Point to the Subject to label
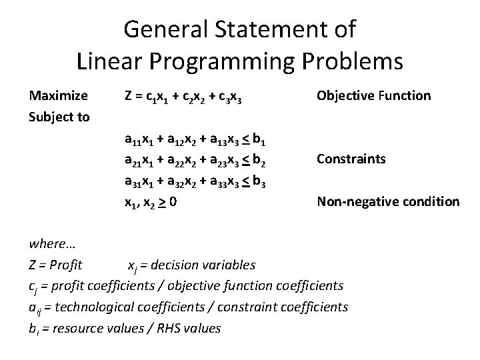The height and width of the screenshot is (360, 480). click(x=59, y=117)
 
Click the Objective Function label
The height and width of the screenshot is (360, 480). click(x=374, y=95)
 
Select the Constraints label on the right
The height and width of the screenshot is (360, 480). click(x=351, y=159)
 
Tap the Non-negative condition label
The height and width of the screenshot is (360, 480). click(x=388, y=201)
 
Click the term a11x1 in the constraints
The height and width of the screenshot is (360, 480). click(x=139, y=139)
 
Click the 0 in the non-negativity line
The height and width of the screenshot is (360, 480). click(x=173, y=201)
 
